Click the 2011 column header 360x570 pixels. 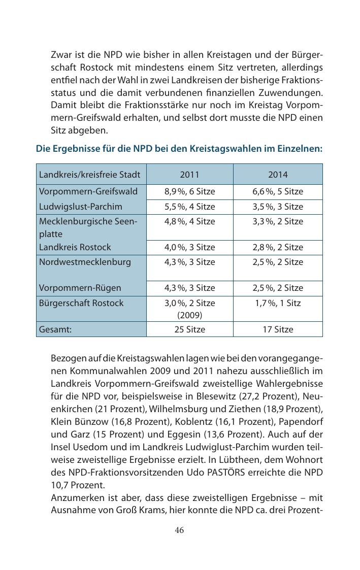(x=189, y=175)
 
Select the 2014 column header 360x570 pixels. (x=278, y=175)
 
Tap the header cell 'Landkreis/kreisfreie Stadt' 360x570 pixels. (x=89, y=175)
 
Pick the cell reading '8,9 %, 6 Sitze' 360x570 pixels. (x=189, y=191)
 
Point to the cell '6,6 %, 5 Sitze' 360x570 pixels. (x=278, y=191)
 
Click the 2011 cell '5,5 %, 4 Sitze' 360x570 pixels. (x=189, y=207)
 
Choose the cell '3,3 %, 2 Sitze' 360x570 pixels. (x=278, y=221)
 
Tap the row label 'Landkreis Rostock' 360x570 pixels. (x=74, y=247)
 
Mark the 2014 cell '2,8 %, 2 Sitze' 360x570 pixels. (x=278, y=247)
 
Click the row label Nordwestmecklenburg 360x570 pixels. (x=85, y=262)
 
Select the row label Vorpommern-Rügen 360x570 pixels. (x=80, y=288)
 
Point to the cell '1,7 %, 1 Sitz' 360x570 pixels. (x=278, y=303)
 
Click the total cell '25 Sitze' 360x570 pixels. (x=189, y=329)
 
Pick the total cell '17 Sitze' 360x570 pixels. (x=278, y=329)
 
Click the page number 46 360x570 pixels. (x=179, y=530)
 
